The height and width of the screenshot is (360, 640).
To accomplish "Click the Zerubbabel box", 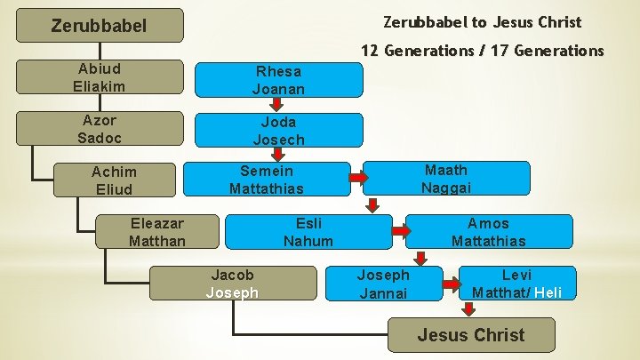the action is pyautogui.click(x=99, y=26).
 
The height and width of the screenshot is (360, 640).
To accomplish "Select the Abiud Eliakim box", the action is pyautogui.click(x=100, y=76).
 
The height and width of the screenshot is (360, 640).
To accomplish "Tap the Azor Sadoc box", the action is pyautogui.click(x=100, y=128).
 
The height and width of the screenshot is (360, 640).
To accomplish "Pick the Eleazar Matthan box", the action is pyautogui.click(x=157, y=231).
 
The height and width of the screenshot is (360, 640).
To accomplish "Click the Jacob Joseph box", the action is pyautogui.click(x=232, y=283).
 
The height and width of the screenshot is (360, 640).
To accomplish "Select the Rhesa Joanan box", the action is pyautogui.click(x=278, y=79).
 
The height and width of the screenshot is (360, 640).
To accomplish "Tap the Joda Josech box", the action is pyautogui.click(x=278, y=130).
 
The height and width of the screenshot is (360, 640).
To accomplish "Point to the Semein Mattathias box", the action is pyautogui.click(x=266, y=179).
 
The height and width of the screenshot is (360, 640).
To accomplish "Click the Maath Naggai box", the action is pyautogui.click(x=446, y=178).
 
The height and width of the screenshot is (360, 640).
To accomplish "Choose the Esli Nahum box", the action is pyautogui.click(x=308, y=231).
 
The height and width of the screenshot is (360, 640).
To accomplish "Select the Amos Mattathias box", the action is pyautogui.click(x=488, y=231).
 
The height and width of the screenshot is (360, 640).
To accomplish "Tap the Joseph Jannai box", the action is pyautogui.click(x=383, y=284).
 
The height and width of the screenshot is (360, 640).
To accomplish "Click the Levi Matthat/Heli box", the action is pyautogui.click(x=516, y=283).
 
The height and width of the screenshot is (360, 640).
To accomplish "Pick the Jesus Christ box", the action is pyautogui.click(x=471, y=335).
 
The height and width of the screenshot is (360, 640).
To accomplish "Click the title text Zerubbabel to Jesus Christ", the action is pyautogui.click(x=481, y=22).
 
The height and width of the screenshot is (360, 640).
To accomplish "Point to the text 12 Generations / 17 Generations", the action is pyautogui.click(x=481, y=51).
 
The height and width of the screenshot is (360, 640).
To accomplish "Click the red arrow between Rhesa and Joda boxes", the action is pyautogui.click(x=277, y=105).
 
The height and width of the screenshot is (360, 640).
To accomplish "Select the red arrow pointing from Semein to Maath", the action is pyautogui.click(x=357, y=179).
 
